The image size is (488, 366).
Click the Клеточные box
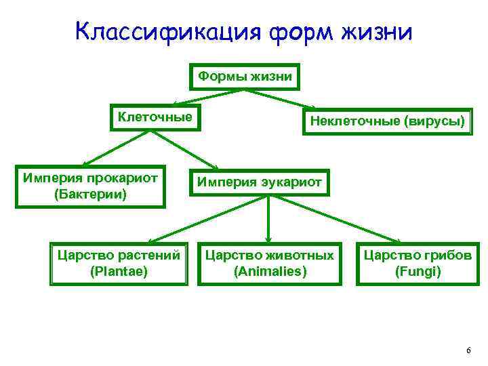click(155, 117)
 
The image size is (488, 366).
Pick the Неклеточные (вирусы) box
click(387, 122)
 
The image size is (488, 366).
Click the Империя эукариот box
click(260, 182)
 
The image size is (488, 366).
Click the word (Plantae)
click(118, 272)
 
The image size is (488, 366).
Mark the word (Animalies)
click(270, 272)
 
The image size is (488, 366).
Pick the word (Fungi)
click(418, 272)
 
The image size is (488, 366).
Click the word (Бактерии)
click(91, 195)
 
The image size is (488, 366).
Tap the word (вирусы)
click(434, 122)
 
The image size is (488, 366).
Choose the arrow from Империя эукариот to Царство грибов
click(339, 219)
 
